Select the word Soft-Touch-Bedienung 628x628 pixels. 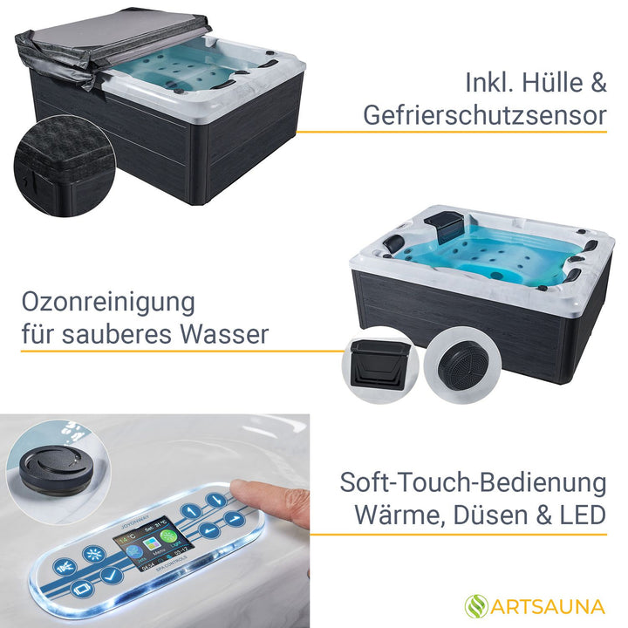473,482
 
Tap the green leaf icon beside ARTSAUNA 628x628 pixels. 475,604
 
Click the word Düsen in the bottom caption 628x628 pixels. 484,515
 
